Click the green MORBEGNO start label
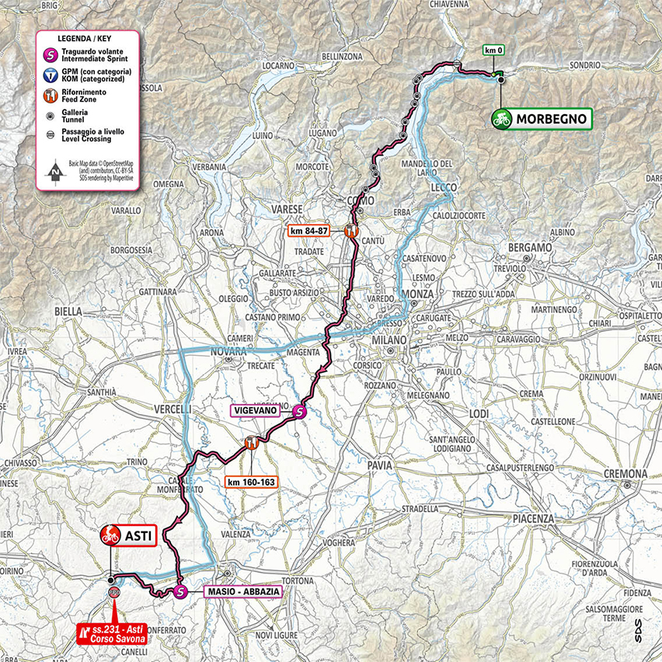click(541, 119)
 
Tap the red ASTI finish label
click(128, 535)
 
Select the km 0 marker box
click(495, 51)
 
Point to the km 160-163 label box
click(250, 482)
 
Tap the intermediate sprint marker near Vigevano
click(300, 413)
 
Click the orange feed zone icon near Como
click(352, 230)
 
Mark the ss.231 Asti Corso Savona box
click(113, 634)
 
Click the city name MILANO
click(388, 341)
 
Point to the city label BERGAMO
click(529, 247)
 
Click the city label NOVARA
click(230, 351)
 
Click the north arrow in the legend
click(54, 171)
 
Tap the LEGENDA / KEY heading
click(88, 38)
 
